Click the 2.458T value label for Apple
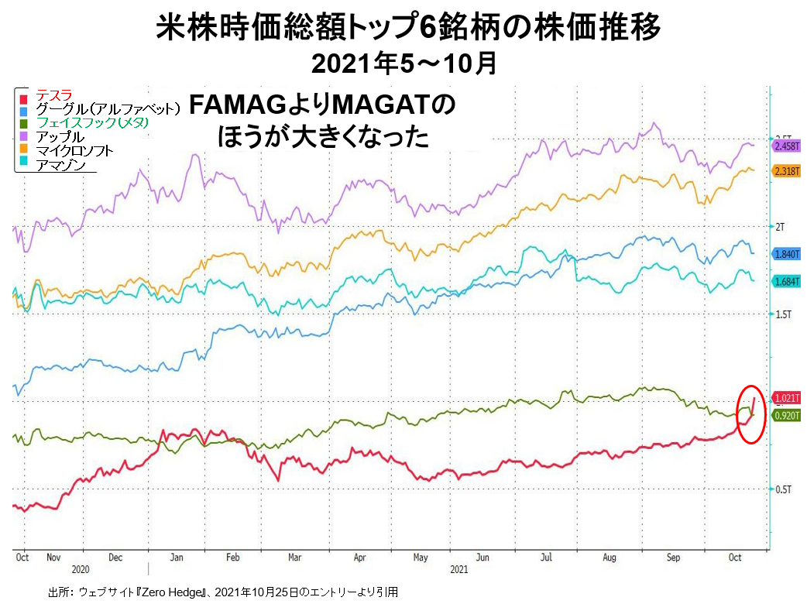786,146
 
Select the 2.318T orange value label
786,171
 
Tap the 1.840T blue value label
786,254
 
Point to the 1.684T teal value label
786,281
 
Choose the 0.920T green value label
786,416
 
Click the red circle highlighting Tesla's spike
750,414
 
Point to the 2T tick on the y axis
781,226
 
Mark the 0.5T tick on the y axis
784,489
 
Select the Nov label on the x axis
53,557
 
